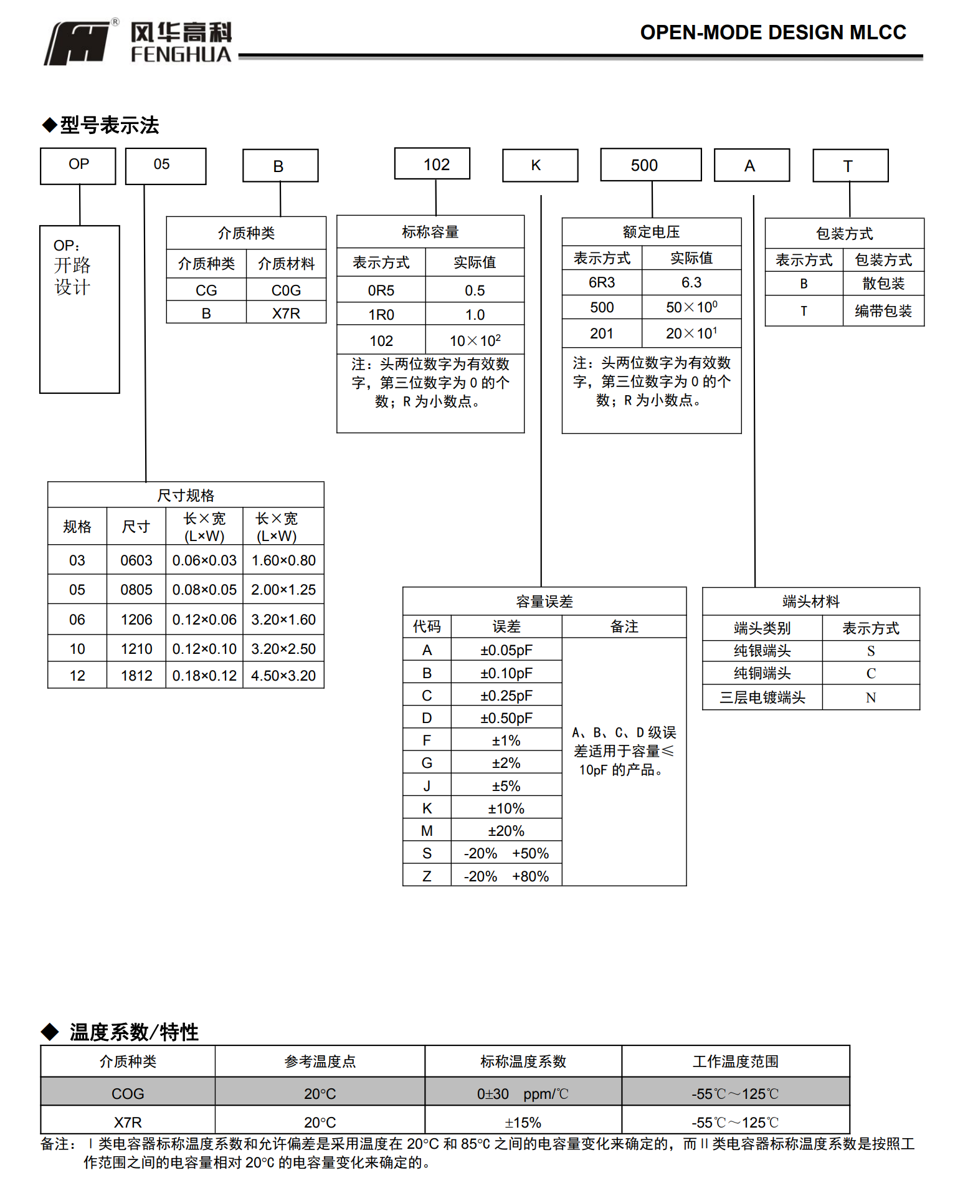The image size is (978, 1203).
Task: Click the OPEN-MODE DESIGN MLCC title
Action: tap(772, 32)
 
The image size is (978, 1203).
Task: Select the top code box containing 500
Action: tap(650, 165)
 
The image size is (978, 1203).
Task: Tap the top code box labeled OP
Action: tap(78, 165)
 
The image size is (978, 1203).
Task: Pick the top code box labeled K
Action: tap(539, 165)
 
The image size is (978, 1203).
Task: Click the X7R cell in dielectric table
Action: tap(286, 313)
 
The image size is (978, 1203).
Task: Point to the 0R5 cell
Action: tap(381, 290)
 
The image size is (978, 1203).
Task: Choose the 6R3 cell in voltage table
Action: tap(601, 282)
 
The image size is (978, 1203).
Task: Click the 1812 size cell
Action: tap(136, 676)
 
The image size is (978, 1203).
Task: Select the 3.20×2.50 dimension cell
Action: tap(283, 649)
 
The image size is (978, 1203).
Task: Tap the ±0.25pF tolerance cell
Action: tap(506, 696)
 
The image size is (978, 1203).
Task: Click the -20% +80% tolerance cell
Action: tap(506, 876)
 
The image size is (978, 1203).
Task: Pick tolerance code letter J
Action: tap(427, 786)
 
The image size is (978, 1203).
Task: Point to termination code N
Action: tap(870, 697)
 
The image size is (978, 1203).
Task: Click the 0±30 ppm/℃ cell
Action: tap(523, 1094)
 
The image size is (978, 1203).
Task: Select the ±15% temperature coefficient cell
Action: tap(523, 1123)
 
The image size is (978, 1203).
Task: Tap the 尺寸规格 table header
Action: tap(186, 496)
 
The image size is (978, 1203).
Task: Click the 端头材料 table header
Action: tap(810, 601)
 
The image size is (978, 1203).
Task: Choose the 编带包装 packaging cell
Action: tap(883, 310)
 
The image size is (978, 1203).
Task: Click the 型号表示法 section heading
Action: tap(109, 125)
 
